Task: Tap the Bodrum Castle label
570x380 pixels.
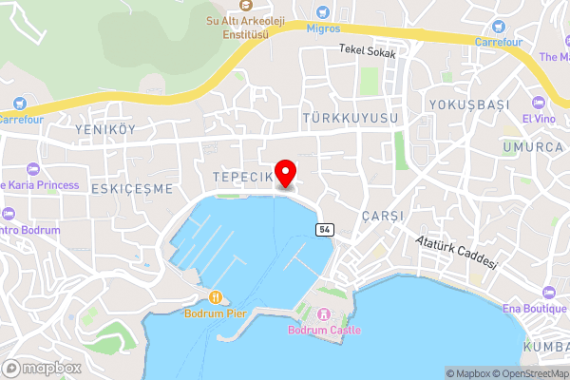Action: click(x=324, y=330)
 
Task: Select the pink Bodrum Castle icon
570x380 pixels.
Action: click(x=323, y=314)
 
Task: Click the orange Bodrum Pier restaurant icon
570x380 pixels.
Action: click(x=217, y=297)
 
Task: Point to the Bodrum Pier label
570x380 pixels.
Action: click(x=216, y=313)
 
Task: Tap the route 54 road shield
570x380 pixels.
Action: click(x=325, y=230)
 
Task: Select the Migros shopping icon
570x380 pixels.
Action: click(x=325, y=13)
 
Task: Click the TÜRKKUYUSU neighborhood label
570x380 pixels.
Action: click(x=348, y=118)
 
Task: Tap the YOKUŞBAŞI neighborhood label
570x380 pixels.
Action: click(x=465, y=104)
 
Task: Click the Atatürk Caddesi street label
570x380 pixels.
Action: click(x=456, y=254)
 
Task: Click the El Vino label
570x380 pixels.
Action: click(x=537, y=119)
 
